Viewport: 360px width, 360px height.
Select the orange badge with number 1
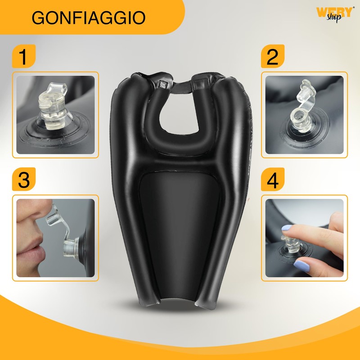(22, 57)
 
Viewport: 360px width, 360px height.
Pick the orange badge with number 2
(273, 57)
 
